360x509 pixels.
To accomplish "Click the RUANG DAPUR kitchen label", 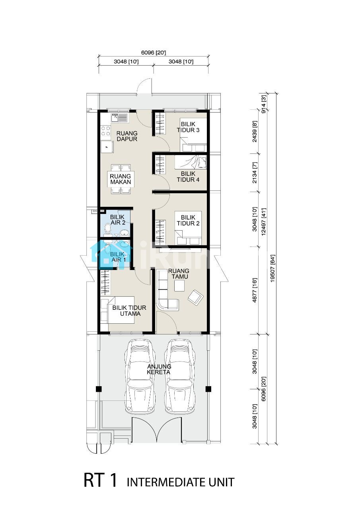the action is click(x=127, y=136).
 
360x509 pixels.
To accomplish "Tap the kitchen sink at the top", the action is click(x=119, y=118).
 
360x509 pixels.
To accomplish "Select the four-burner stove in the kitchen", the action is click(x=106, y=131).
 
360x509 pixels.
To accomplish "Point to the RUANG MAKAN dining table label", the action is click(x=121, y=179).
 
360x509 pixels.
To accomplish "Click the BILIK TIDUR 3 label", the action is click(x=188, y=127).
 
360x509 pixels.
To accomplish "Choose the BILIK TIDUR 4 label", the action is click(x=188, y=177).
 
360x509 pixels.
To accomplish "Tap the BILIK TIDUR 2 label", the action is click(x=188, y=220).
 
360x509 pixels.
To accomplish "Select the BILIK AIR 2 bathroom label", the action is click(x=118, y=220).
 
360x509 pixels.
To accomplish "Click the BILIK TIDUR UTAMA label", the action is click(x=129, y=311).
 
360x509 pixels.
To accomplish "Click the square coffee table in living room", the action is click(x=179, y=286).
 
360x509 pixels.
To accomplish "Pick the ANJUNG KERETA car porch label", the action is click(x=159, y=369).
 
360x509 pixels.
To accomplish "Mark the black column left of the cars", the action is click(x=99, y=389).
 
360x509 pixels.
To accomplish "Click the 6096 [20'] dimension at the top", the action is click(x=154, y=53).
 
